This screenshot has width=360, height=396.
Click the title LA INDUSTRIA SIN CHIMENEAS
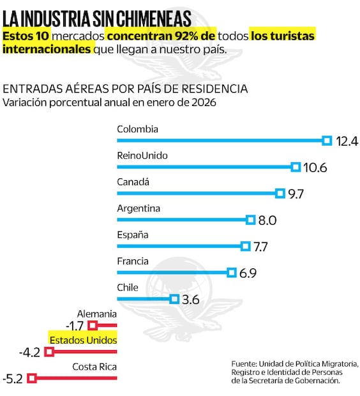97,15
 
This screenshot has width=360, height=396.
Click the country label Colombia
137,129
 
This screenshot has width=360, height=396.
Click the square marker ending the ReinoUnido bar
296,167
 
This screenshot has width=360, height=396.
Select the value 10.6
315,167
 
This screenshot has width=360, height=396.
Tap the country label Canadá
133,181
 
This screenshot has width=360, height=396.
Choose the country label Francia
133,261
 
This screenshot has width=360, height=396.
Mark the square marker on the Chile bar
174,298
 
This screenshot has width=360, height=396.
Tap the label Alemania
96,314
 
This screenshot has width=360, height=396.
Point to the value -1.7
76,326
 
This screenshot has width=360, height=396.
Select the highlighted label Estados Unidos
83,340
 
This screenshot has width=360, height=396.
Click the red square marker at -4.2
49,352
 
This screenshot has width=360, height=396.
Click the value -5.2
13,379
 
